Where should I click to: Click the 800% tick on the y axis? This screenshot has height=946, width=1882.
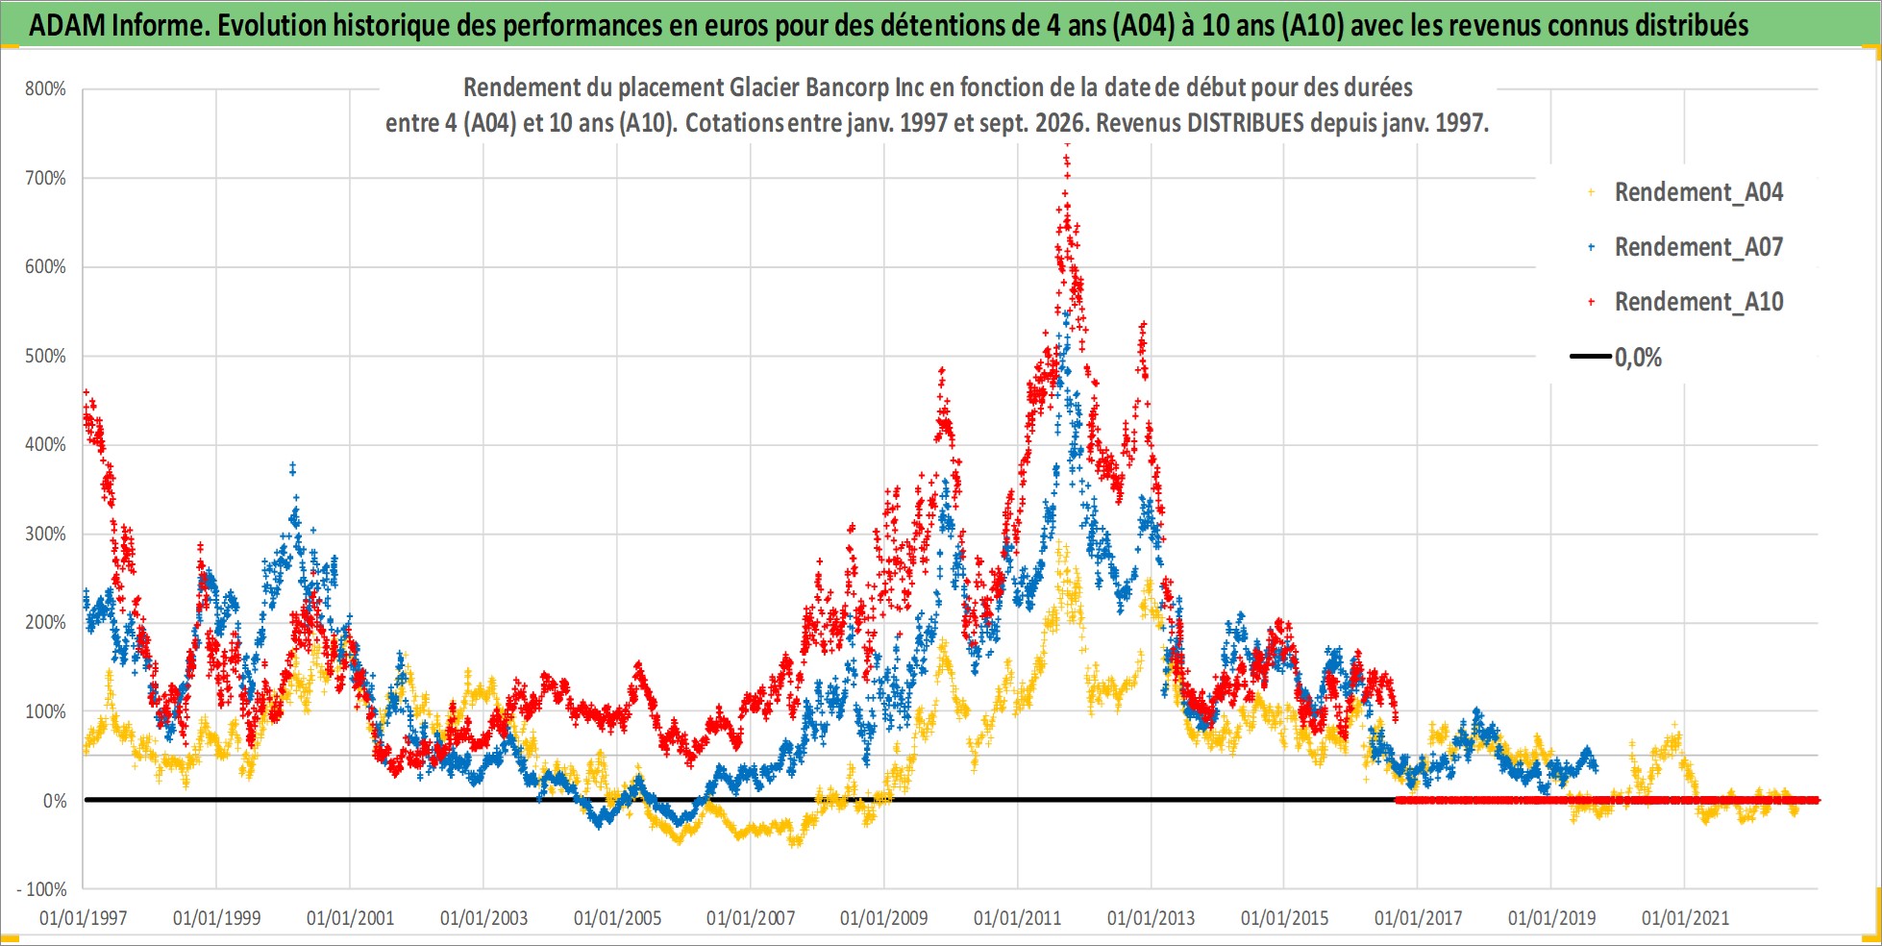45,89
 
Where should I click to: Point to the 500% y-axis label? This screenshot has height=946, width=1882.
45,357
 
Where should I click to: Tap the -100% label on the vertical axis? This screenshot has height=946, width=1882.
41,890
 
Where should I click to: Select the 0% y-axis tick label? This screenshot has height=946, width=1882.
55,801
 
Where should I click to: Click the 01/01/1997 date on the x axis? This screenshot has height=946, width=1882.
83,918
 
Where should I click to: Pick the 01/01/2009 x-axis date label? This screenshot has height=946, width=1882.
883,918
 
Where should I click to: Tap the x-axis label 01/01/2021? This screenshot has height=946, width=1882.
1685,918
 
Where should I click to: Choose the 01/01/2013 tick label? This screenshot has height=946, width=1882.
1151,918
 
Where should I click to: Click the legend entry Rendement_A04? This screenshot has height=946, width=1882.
1698,192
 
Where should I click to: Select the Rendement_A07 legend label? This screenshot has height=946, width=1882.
1698,247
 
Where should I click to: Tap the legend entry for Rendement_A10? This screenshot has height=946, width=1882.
1698,302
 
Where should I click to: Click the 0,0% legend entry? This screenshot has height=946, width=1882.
1638,358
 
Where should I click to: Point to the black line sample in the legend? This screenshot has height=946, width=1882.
1591,357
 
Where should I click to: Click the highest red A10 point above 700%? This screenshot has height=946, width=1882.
1067,147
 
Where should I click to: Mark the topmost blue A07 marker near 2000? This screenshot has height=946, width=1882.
292,466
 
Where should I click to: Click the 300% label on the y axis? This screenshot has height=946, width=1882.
45,535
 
